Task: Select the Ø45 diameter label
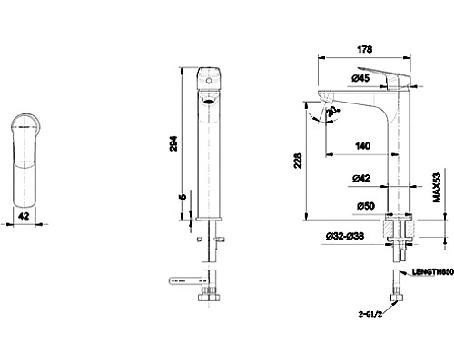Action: coord(360,78)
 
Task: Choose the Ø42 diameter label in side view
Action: coord(360,179)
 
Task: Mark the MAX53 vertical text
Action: coord(437,190)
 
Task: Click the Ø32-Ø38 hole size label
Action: coord(343,236)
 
